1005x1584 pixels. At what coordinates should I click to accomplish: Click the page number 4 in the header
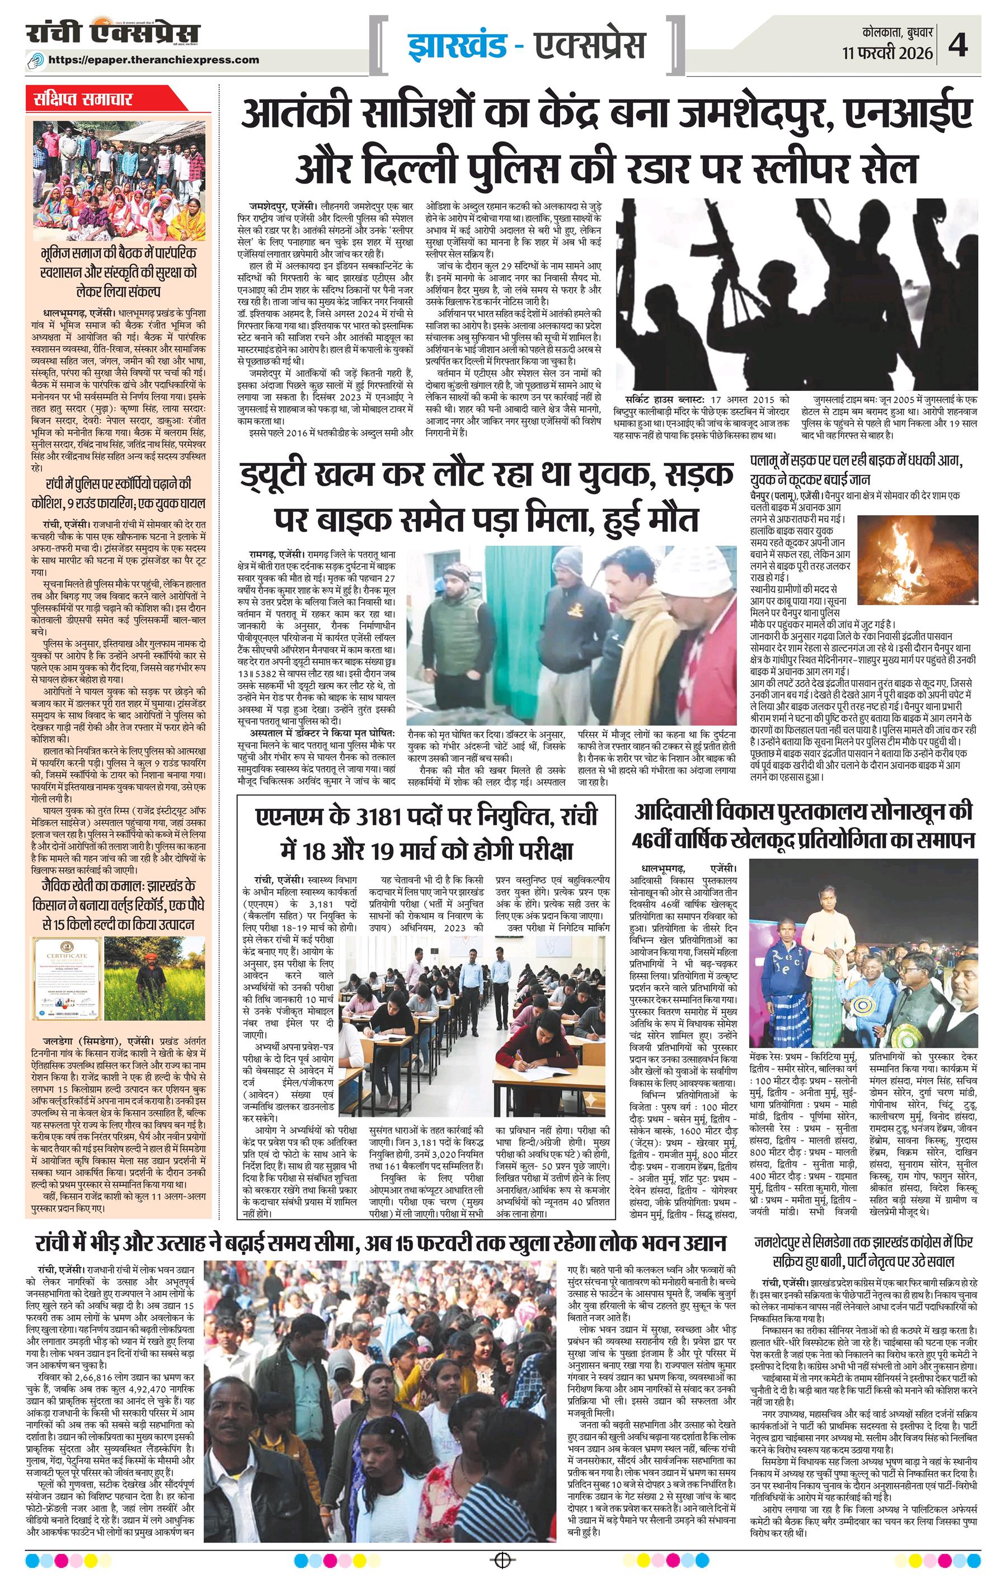pyautogui.click(x=957, y=46)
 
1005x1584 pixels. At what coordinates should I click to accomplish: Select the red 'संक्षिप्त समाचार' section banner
pyautogui.click(x=83, y=100)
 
